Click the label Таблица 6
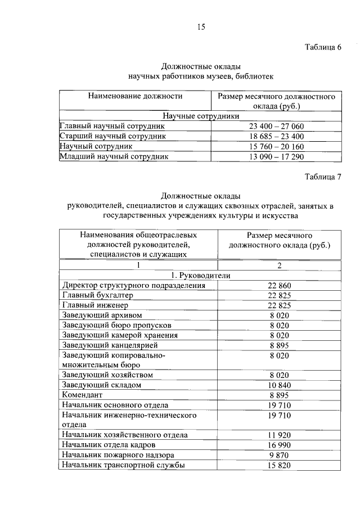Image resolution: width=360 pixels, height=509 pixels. (x=323, y=47)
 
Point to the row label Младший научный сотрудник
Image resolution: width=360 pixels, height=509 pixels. (x=114, y=156)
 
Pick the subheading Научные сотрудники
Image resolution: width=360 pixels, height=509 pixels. (x=200, y=116)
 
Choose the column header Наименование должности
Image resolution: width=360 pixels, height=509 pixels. (x=135, y=96)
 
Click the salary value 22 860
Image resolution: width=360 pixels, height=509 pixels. (x=279, y=286)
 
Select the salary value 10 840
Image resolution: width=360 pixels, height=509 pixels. (x=279, y=385)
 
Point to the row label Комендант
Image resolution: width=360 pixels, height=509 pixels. (x=84, y=395)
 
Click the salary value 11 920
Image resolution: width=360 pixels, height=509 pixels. (x=279, y=435)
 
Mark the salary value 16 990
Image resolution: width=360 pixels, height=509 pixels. (x=279, y=445)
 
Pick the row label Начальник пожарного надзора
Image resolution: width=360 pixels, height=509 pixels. (x=119, y=454)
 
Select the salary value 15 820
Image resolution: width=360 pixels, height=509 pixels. (x=279, y=465)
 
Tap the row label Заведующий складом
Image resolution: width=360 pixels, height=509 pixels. (x=101, y=385)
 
